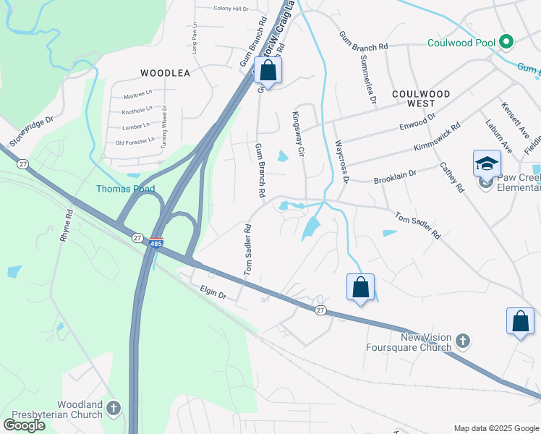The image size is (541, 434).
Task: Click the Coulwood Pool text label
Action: pyautogui.click(x=460, y=42)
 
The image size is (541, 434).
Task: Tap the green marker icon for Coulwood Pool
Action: pyautogui.click(x=506, y=42)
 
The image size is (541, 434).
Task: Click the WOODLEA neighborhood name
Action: pyautogui.click(x=165, y=73)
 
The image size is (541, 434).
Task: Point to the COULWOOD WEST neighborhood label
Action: pyautogui.click(x=421, y=99)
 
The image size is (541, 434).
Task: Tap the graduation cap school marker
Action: pyautogui.click(x=487, y=163)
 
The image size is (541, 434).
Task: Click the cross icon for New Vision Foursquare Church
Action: pyautogui.click(x=464, y=339)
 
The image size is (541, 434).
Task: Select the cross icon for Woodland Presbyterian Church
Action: pyautogui.click(x=113, y=409)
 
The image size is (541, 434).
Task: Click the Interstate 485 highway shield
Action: pyautogui.click(x=156, y=243)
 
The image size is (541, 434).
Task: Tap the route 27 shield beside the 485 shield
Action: pyautogui.click(x=137, y=237)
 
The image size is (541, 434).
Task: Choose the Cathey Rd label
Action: pyautogui.click(x=452, y=177)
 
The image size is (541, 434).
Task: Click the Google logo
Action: pyautogui.click(x=24, y=425)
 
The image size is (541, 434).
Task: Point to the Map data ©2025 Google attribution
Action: pyautogui.click(x=495, y=428)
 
